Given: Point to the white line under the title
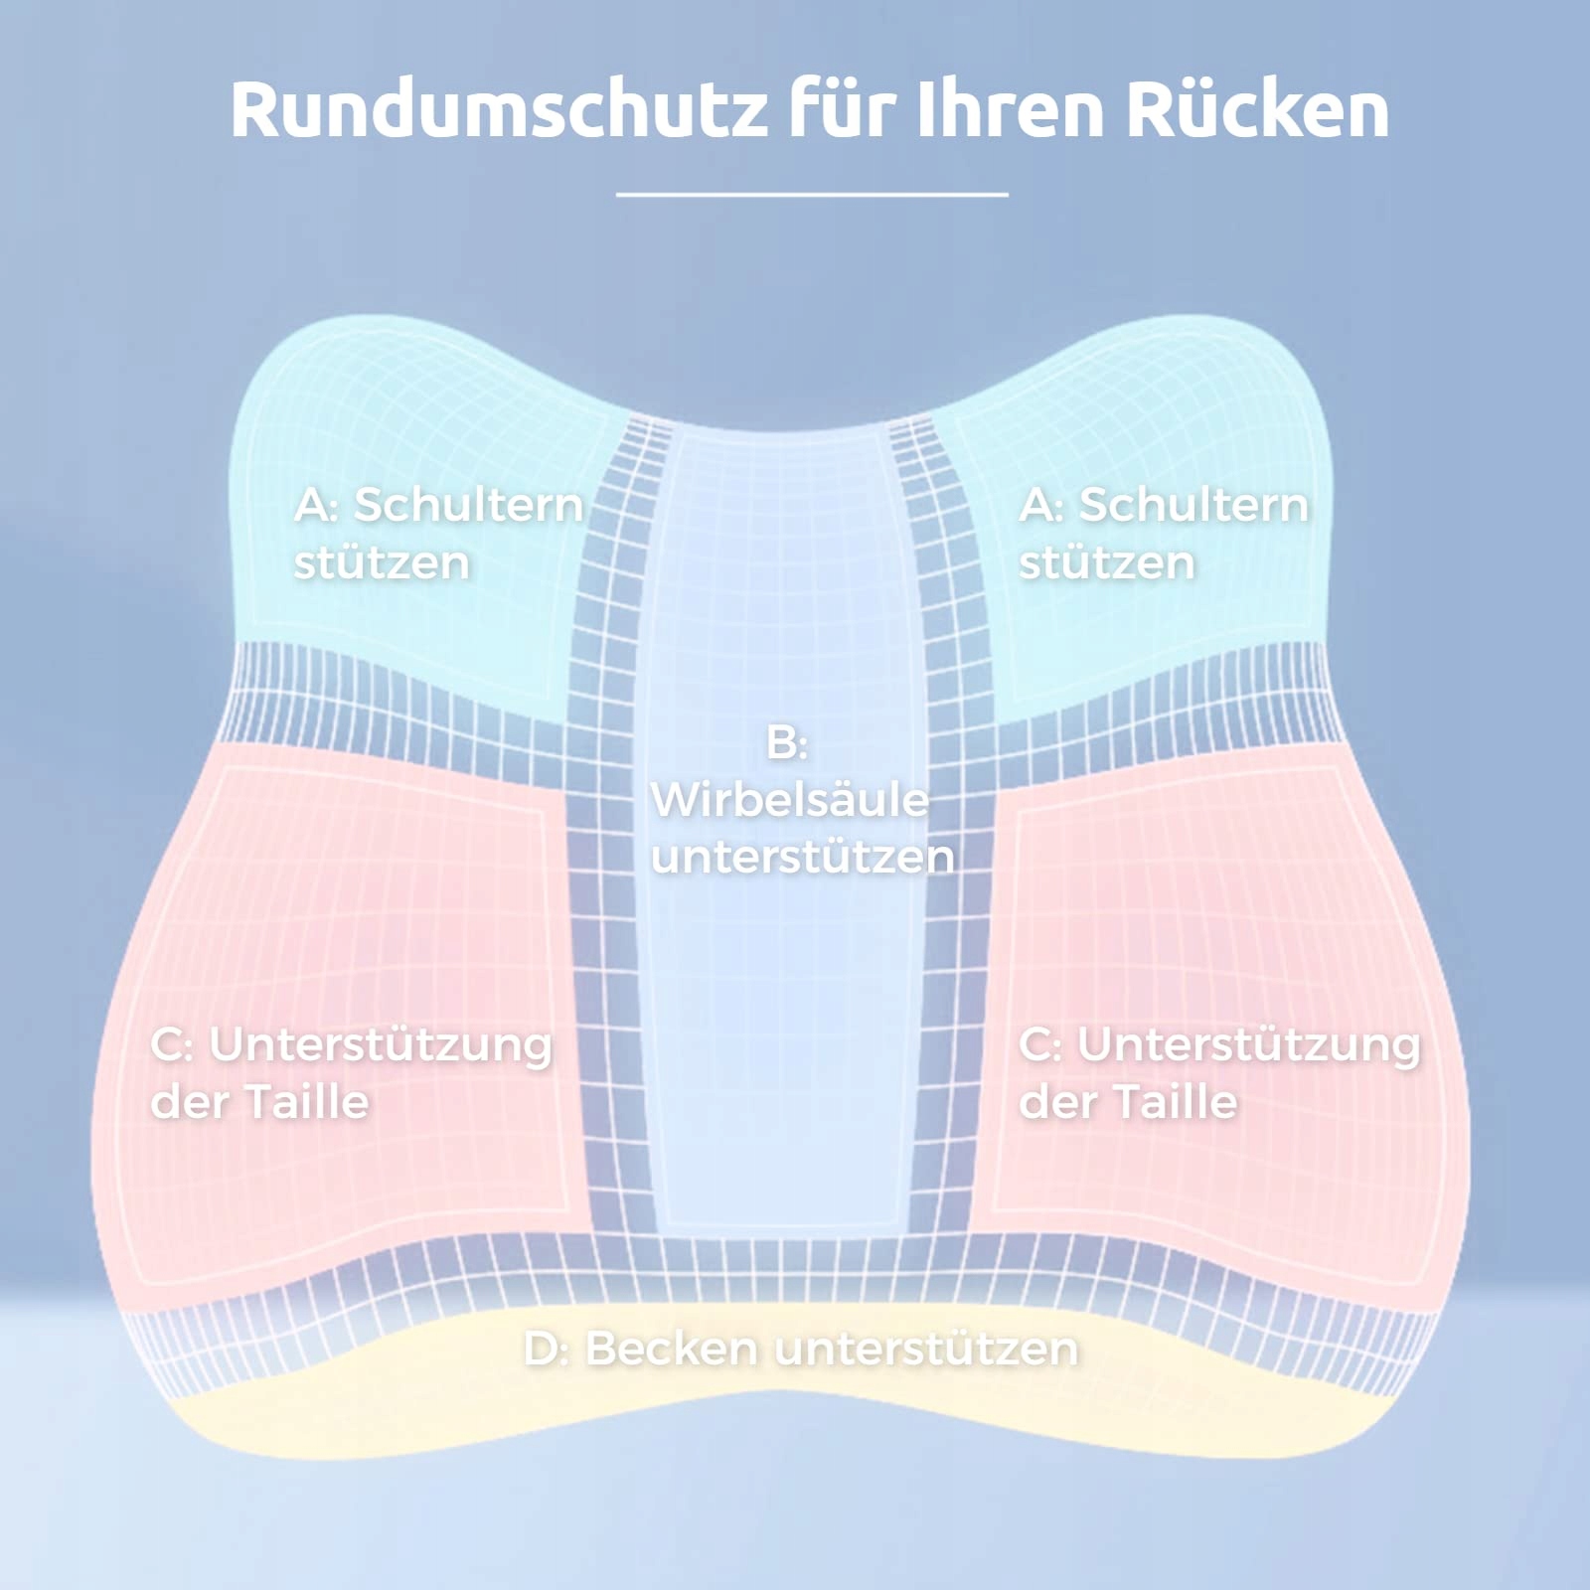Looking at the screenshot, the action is [812, 195].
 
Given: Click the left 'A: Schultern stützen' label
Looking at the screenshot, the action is [437, 534].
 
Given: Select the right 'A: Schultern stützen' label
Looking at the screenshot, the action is [1163, 534].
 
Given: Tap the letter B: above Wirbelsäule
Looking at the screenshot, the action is [787, 743].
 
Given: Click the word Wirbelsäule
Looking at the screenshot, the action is [790, 800].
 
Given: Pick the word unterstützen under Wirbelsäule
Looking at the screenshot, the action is [803, 857].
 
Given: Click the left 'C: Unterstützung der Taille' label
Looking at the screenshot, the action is [351, 1073].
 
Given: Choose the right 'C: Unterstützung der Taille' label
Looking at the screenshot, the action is [1219, 1073].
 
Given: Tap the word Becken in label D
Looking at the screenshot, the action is [674, 1349].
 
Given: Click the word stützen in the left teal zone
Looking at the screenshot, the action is [382, 563].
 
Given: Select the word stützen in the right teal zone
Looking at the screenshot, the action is [1107, 563].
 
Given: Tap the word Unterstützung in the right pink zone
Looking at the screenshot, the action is [1249, 1045].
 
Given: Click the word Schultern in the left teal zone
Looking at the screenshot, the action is [468, 505].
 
